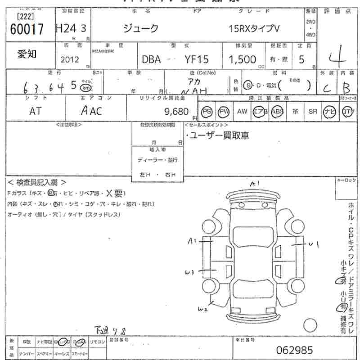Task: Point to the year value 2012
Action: coord(69,59)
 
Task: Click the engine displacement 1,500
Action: coord(242,59)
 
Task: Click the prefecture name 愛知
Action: coord(27,54)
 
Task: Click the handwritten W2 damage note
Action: coord(203,309)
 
